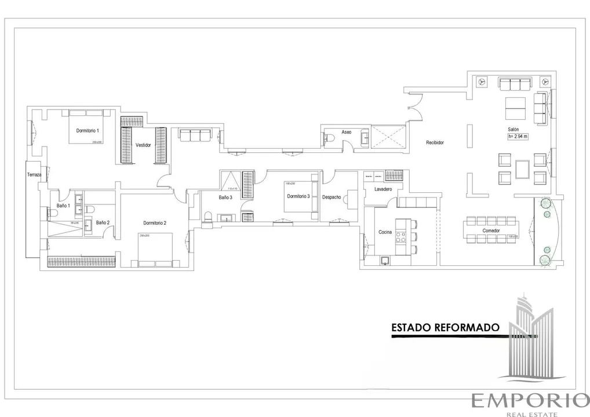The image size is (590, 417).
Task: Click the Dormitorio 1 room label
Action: pyautogui.click(x=88, y=131)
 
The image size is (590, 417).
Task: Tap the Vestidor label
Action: pyautogui.click(x=143, y=145)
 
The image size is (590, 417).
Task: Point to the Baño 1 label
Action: pyautogui.click(x=63, y=206)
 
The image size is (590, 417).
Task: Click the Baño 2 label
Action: pyautogui.click(x=103, y=222)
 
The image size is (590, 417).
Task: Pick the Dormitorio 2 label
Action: pyautogui.click(x=155, y=223)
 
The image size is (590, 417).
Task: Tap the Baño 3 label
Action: pyautogui.click(x=225, y=197)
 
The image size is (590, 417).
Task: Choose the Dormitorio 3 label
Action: pyautogui.click(x=298, y=196)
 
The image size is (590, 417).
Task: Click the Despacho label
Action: pyautogui.click(x=332, y=197)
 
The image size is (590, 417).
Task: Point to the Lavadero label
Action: pyautogui.click(x=383, y=189)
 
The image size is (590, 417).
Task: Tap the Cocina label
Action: pyautogui.click(x=385, y=232)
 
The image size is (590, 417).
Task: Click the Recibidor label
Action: pyautogui.click(x=435, y=142)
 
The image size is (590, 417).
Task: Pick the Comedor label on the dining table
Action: pyautogui.click(x=491, y=231)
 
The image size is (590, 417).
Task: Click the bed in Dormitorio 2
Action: pyautogui.click(x=155, y=246)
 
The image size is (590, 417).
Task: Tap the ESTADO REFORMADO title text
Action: pyautogui.click(x=445, y=327)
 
